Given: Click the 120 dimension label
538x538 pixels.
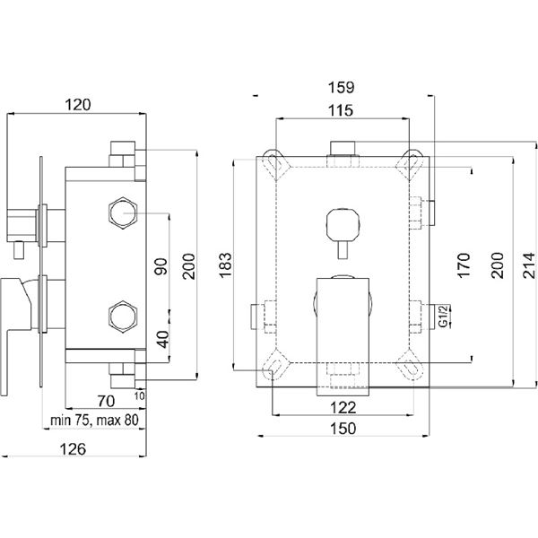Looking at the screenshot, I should click(79, 104).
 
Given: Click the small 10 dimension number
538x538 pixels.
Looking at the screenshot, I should click(141, 395).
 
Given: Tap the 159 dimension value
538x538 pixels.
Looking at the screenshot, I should click(343, 88).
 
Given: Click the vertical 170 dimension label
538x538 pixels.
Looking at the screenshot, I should click(463, 265).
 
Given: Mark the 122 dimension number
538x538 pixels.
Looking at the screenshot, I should click(343, 406).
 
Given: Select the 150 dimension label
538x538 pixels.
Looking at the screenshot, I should click(343, 429).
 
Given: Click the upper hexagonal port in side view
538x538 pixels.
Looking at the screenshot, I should click(121, 213).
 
